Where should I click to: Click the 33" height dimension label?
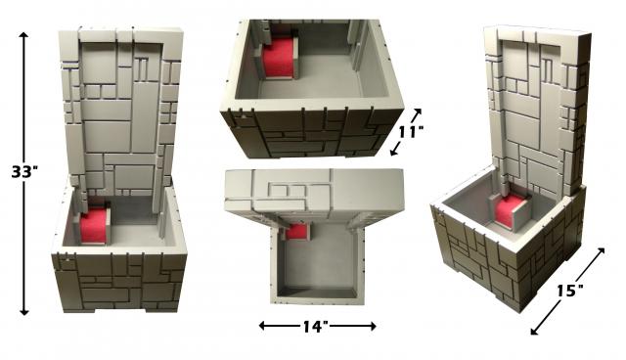click(24, 171)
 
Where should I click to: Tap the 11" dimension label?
click(411, 131)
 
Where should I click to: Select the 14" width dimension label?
click(315, 327)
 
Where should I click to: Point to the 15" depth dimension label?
click(569, 291)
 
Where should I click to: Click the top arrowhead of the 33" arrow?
click(23, 35)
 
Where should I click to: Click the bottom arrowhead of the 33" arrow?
click(24, 312)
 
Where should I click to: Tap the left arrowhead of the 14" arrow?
click(262, 326)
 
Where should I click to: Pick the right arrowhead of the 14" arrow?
click(372, 326)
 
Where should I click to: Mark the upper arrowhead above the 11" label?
click(418, 112)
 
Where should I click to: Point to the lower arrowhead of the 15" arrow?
click(535, 331)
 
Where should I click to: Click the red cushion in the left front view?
click(94, 226)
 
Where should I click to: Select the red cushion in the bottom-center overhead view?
click(297, 231)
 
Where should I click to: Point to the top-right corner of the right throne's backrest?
click(591, 34)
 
